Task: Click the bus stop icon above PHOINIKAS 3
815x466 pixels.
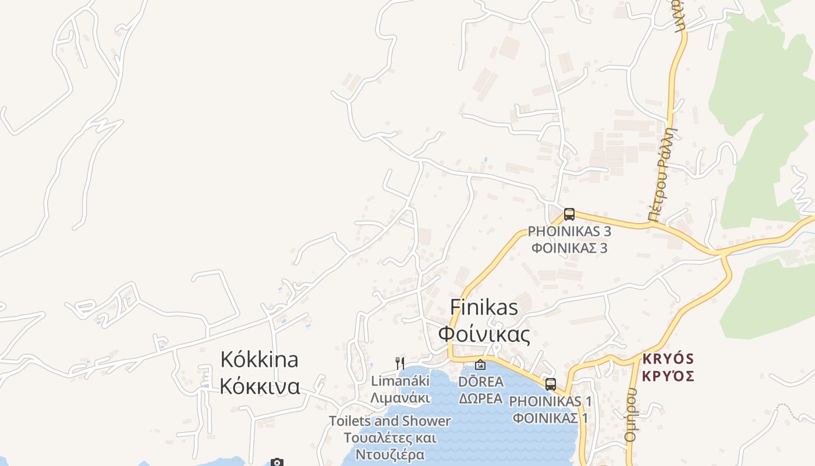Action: point(569,214)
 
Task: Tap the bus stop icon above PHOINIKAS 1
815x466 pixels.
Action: point(550,384)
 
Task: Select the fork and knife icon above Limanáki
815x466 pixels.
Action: point(399,363)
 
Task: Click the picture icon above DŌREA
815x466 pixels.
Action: point(480,365)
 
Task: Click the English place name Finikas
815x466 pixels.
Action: point(484,308)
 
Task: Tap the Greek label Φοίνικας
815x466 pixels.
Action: point(484,334)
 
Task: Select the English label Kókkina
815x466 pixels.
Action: point(259,359)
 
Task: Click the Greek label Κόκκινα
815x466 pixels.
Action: point(259,386)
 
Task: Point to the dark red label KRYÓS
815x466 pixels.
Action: point(668,358)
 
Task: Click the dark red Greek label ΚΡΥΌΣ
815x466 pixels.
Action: point(668,376)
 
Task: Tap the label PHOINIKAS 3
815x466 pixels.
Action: point(569,231)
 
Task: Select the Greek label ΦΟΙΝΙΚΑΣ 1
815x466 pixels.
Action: point(551,418)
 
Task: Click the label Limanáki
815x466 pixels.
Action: point(401,382)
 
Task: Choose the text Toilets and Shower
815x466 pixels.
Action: point(389,421)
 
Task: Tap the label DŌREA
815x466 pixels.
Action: point(481,382)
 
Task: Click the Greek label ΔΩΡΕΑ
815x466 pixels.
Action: point(481,399)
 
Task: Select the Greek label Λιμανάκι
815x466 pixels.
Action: point(401,398)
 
